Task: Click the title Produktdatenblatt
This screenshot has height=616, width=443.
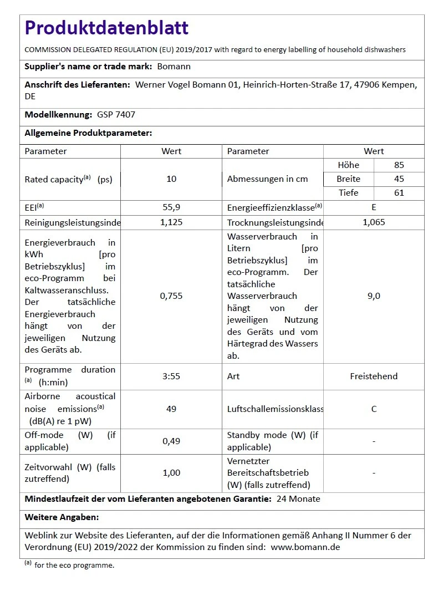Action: [x=106, y=28]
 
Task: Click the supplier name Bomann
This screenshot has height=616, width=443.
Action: [x=174, y=67]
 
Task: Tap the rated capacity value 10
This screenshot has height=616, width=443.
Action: [x=171, y=179]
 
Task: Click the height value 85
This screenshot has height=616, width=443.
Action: [x=399, y=165]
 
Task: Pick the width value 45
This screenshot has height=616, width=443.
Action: [x=399, y=179]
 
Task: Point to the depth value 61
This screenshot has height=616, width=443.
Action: [x=399, y=193]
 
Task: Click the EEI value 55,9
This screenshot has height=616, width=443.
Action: [x=171, y=207]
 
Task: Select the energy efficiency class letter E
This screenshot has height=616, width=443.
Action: [x=374, y=207]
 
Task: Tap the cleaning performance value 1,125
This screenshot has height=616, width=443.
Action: [x=171, y=222]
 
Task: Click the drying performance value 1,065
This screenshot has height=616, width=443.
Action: [x=374, y=222]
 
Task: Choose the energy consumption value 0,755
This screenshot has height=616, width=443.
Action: [x=171, y=296]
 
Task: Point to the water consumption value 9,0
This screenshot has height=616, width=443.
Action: [x=374, y=296]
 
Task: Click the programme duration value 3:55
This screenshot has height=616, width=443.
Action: [x=171, y=376]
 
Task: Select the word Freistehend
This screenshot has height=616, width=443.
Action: [x=374, y=376]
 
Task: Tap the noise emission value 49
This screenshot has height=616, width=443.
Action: [x=171, y=409]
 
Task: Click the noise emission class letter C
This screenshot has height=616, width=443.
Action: [x=374, y=409]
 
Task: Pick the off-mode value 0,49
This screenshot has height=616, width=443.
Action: [x=171, y=441]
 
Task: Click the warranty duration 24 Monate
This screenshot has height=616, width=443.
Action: [x=298, y=499]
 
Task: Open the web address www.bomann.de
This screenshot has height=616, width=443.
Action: [x=305, y=547]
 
